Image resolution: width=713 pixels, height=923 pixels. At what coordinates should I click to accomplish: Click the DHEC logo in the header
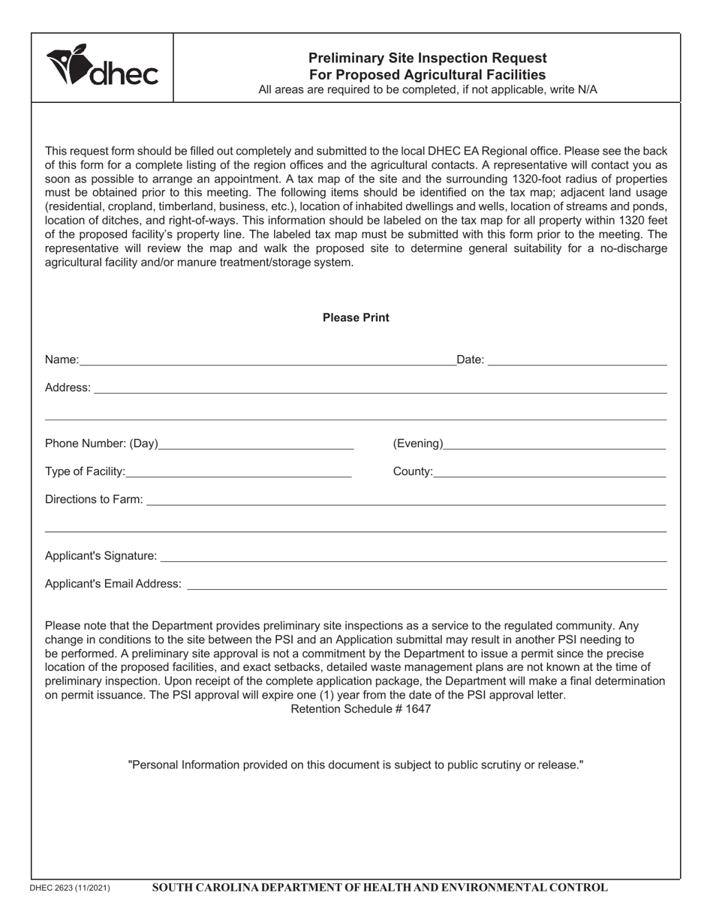(102, 67)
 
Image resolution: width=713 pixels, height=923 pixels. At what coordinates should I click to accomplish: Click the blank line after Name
(267, 363)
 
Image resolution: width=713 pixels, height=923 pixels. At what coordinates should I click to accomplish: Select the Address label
(68, 388)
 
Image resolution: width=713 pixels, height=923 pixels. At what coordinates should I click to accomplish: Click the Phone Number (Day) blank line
(256, 447)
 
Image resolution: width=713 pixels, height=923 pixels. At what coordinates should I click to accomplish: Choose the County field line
(549, 475)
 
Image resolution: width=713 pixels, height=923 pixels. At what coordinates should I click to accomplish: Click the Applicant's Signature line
(414, 559)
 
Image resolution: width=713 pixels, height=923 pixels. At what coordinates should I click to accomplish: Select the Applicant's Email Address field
(426, 587)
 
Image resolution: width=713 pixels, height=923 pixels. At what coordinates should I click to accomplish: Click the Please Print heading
(356, 317)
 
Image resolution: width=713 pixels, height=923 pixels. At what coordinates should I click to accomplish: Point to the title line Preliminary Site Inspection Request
(427, 58)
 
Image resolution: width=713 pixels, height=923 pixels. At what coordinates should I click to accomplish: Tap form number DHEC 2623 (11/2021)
(70, 888)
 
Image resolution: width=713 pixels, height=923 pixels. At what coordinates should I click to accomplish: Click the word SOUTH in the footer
(172, 888)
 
